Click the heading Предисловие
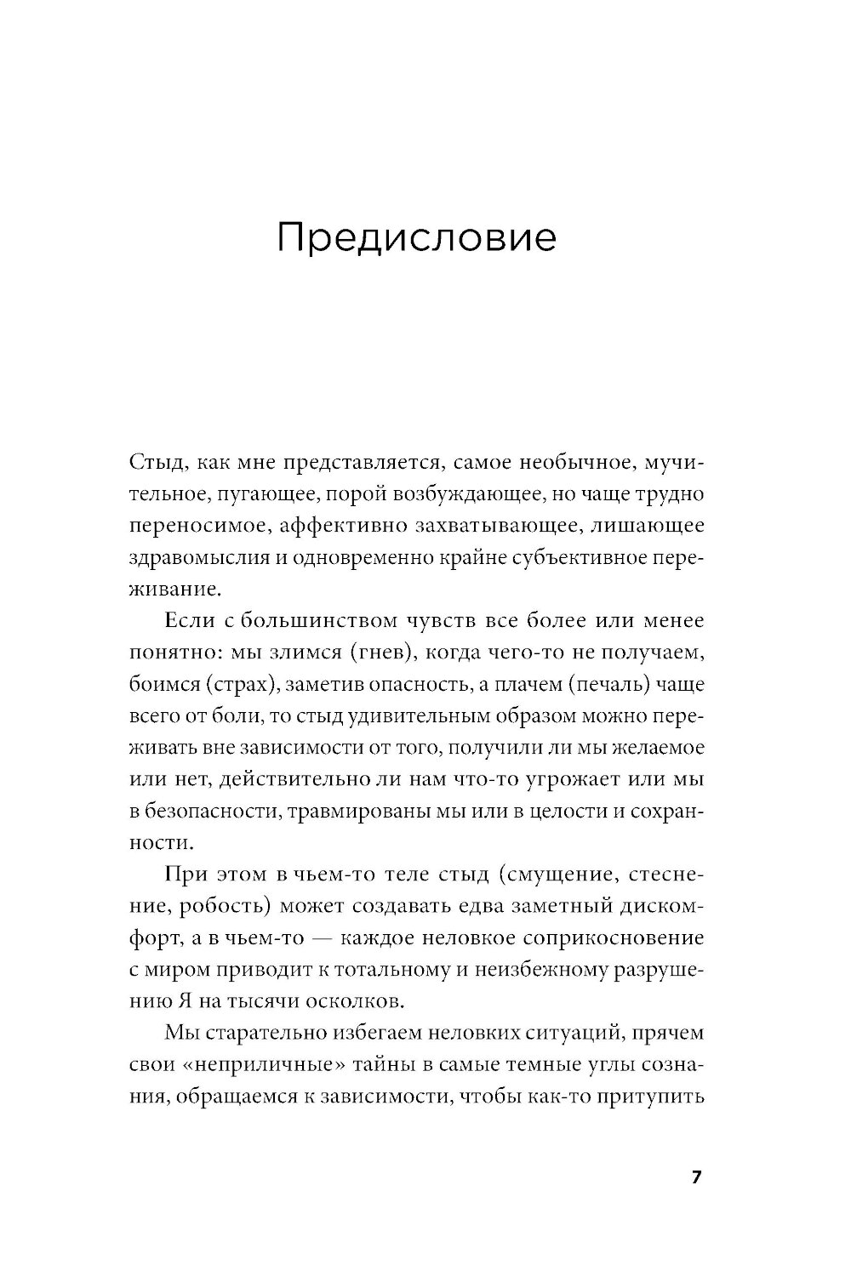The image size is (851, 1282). click(x=416, y=238)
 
